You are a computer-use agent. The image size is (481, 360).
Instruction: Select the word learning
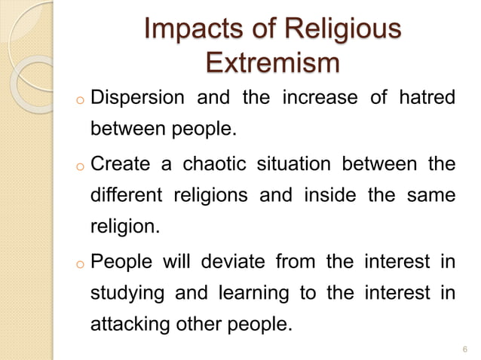click(x=255, y=294)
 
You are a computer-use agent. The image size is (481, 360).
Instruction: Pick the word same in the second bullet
click(x=432, y=196)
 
